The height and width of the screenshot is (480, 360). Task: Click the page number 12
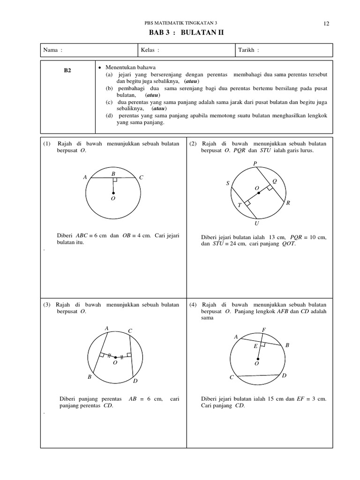(326, 23)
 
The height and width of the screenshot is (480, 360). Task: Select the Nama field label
(52, 50)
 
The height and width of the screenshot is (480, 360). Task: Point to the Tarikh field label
(249, 50)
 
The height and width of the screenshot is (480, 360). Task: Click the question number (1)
(47, 144)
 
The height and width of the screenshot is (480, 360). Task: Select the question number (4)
(193, 305)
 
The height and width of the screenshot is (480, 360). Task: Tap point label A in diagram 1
(85, 177)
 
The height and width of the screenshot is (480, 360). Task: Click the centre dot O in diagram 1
(113, 193)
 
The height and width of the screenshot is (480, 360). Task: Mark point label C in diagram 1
(141, 178)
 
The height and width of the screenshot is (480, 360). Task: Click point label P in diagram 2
(255, 164)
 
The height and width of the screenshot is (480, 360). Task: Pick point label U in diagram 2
(257, 224)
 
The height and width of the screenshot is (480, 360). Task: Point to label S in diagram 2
(228, 184)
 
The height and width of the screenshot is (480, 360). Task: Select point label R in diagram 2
(288, 203)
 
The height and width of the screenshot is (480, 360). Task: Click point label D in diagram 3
(135, 381)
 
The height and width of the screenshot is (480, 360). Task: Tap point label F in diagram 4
(264, 330)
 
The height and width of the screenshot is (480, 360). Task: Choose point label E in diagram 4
(255, 346)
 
